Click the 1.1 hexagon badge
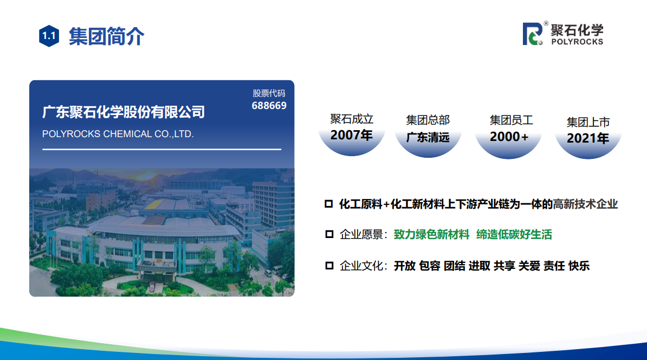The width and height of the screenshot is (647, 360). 49,36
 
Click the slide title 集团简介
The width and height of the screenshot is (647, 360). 106,36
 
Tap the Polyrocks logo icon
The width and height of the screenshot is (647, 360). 533,34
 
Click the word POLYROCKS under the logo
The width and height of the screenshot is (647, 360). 577,42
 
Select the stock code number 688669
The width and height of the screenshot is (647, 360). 269,106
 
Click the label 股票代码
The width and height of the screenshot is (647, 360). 269,93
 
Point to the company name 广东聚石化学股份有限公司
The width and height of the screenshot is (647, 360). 124,112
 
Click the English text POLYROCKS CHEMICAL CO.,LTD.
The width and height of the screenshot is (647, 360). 118,134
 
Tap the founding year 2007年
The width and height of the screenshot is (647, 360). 352,135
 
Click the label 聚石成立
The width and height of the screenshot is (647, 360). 352,119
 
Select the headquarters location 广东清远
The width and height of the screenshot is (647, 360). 428,137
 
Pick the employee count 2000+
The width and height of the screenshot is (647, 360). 509,137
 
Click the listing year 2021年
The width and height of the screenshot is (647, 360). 588,138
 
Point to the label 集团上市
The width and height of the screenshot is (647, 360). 588,122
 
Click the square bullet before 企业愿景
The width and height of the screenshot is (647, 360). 329,235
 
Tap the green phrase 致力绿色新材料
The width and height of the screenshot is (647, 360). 432,235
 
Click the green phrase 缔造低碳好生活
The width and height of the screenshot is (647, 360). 514,235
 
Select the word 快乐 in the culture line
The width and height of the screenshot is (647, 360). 579,266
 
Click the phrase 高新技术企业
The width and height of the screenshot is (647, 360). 586,204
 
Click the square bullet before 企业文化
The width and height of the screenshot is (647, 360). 329,266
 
